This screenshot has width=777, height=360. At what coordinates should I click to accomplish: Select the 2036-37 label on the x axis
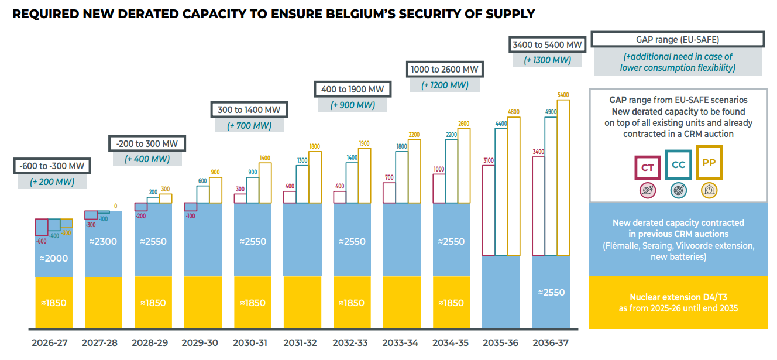(x=551, y=343)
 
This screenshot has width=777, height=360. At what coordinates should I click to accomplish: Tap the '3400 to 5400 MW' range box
(x=547, y=44)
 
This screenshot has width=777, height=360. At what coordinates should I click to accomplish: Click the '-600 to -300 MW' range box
(x=52, y=166)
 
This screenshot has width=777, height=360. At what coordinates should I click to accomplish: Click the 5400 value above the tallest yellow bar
(x=563, y=95)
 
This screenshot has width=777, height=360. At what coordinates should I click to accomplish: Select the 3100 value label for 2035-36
(x=489, y=160)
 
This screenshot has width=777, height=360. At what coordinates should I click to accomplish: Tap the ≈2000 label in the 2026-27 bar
(x=54, y=258)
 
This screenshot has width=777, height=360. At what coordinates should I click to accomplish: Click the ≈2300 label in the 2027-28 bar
(x=103, y=241)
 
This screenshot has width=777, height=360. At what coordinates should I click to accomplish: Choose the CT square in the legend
(x=647, y=167)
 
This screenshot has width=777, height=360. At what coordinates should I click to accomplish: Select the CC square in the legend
(x=678, y=165)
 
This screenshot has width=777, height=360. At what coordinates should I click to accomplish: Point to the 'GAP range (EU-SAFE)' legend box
(x=678, y=40)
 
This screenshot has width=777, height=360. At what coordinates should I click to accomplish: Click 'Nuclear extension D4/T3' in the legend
(x=678, y=297)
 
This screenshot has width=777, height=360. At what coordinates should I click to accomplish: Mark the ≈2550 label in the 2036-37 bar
(x=551, y=292)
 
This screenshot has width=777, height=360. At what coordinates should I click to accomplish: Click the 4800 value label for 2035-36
(x=513, y=112)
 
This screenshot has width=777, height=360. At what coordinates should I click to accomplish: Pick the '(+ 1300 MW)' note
(x=547, y=60)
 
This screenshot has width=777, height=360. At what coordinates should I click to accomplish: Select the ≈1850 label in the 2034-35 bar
(x=451, y=303)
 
